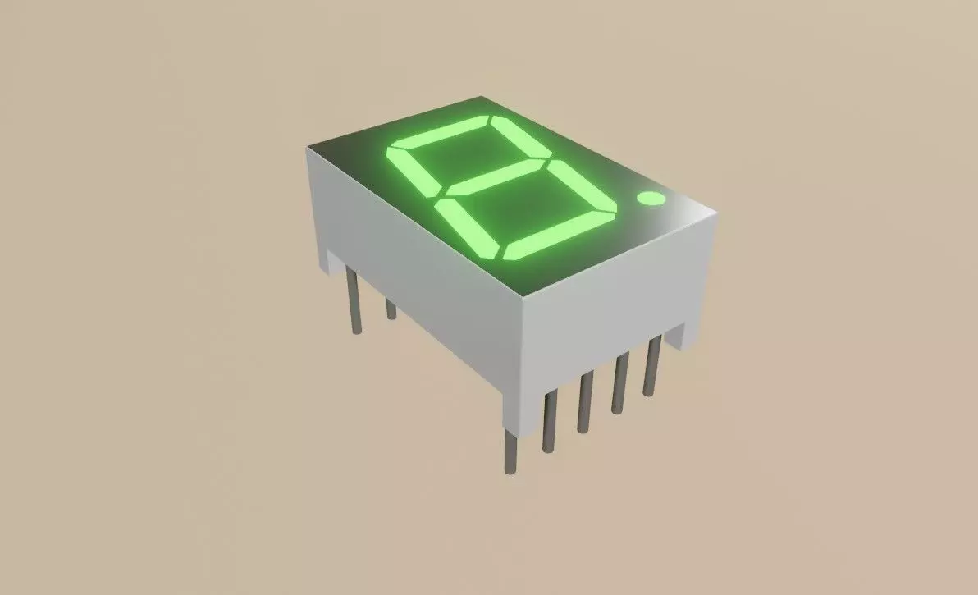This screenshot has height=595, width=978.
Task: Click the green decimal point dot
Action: point(651,199)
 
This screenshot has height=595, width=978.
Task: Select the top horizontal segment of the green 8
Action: point(438,132)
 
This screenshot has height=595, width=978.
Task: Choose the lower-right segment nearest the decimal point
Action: point(582,185)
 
